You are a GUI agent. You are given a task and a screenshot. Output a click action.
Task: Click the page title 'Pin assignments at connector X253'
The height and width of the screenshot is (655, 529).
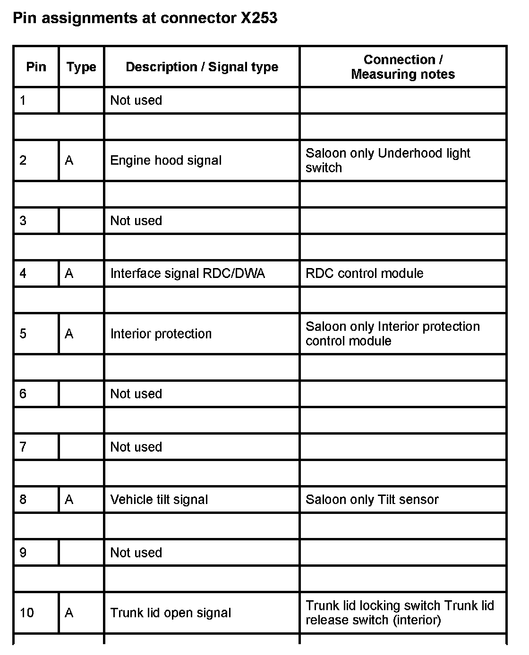click(145, 18)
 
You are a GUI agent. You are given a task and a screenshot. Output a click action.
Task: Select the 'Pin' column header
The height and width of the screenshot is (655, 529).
click(36, 67)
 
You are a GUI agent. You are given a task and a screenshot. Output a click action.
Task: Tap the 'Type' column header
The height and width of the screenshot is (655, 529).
click(81, 67)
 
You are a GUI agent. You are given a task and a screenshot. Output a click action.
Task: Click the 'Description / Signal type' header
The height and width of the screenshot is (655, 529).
click(202, 67)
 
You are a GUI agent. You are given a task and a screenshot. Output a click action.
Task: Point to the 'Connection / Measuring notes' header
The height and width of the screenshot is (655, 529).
click(403, 67)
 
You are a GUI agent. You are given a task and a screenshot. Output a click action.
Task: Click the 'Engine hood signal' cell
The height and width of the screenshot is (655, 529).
click(166, 160)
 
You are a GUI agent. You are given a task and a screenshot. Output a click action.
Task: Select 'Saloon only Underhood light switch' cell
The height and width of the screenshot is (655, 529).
click(388, 160)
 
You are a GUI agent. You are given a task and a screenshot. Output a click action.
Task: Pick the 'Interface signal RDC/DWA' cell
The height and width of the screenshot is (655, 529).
click(188, 274)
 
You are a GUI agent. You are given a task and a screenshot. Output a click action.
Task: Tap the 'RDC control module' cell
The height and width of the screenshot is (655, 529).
click(364, 274)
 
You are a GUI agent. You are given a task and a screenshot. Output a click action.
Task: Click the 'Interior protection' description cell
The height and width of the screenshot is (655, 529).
click(161, 334)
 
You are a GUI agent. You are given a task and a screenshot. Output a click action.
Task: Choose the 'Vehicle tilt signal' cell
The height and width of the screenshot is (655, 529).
click(159, 500)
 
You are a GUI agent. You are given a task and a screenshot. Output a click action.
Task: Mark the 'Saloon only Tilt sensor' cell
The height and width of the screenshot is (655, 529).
click(372, 500)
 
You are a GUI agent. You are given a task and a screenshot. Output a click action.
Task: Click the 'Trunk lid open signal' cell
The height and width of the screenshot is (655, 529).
click(171, 613)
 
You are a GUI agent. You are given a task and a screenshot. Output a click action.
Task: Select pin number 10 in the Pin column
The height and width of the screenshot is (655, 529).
click(27, 613)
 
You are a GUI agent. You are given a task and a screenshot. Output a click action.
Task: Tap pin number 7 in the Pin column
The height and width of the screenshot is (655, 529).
click(23, 447)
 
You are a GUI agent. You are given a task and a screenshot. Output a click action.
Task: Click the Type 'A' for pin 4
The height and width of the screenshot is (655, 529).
click(69, 274)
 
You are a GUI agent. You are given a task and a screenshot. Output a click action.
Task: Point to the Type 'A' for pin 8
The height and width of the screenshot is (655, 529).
click(69, 500)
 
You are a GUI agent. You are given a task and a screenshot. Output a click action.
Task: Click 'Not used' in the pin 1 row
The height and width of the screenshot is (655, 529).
click(136, 101)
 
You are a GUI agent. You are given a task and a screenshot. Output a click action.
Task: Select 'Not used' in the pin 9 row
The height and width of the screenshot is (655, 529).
click(136, 553)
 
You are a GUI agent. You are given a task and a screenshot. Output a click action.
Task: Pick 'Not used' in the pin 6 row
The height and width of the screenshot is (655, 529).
click(136, 394)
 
